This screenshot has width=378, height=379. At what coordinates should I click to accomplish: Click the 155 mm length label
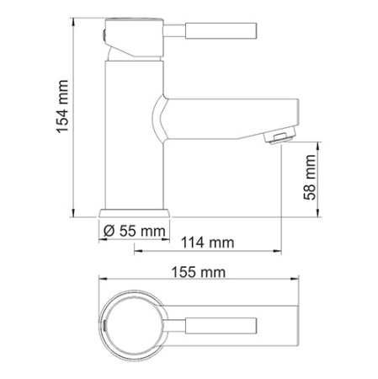point(199,272)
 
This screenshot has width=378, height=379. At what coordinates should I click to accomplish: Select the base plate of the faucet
point(135,213)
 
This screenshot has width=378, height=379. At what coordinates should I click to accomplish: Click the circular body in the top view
point(135,324)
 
